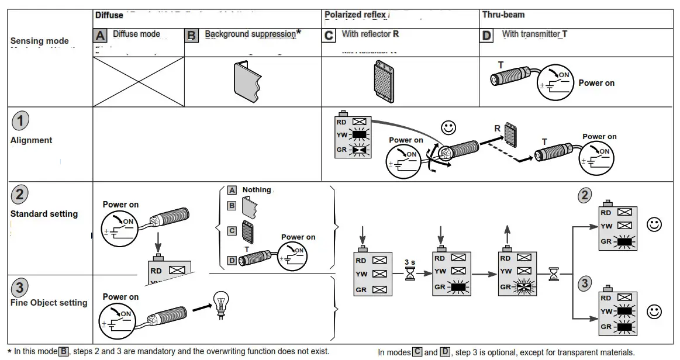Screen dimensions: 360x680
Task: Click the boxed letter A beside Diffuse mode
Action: tap(101, 35)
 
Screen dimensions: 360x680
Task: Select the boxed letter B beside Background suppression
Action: tap(191, 35)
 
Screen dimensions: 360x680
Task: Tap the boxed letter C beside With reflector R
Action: tap(329, 35)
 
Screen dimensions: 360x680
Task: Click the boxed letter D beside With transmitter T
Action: tap(486, 35)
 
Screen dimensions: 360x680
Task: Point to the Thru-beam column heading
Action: tap(502, 15)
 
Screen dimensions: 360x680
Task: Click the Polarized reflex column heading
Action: tap(355, 15)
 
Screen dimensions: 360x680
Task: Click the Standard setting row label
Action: tap(44, 214)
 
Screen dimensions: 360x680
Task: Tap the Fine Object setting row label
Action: tap(49, 303)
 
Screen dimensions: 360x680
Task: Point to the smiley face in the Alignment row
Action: tap(448, 127)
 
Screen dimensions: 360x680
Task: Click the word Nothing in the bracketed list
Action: tap(257, 190)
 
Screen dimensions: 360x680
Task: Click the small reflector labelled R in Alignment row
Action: tap(510, 134)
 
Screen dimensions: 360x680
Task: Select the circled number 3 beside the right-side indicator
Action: tap(584, 283)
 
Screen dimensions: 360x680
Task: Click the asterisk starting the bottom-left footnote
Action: tap(9, 352)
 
